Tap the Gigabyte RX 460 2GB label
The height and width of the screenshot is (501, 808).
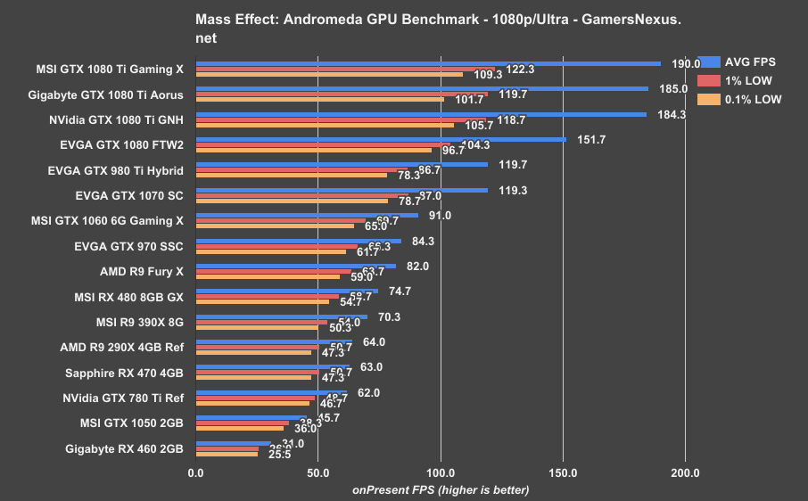click(124, 448)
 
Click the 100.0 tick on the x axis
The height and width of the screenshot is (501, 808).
click(441, 472)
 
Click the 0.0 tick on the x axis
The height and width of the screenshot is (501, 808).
click(196, 472)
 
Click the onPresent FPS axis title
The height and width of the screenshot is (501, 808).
click(441, 489)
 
